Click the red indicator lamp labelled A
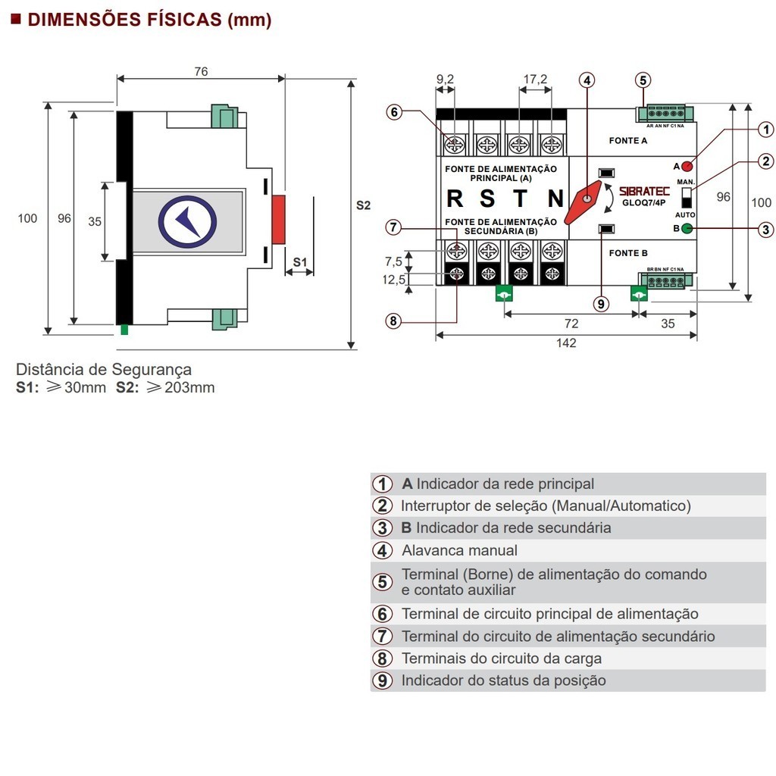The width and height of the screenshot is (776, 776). click(687, 166)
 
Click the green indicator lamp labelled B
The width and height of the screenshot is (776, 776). click(687, 228)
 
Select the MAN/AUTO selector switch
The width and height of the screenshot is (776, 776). click(687, 198)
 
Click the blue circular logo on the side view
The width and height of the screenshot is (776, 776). click(187, 221)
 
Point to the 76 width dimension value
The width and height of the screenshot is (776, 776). click(201, 72)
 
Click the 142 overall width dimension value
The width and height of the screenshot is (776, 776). click(566, 343)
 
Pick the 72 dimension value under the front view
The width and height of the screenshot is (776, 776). click(571, 324)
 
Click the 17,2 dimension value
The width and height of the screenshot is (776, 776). click(535, 79)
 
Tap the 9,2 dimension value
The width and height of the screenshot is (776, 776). click(446, 79)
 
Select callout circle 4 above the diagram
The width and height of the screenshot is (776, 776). click(588, 80)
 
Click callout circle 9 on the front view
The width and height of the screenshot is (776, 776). click(601, 304)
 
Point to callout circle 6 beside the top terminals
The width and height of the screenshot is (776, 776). click(393, 112)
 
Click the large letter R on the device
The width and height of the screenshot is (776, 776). click(455, 199)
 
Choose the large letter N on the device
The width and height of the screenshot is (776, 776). click(555, 199)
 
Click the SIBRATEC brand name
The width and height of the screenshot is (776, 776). click(644, 192)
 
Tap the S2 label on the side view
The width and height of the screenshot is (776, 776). click(364, 205)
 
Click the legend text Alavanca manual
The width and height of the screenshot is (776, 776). click(459, 551)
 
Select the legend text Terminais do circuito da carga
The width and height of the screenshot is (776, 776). click(502, 659)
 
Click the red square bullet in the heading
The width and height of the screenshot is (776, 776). click(15, 20)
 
